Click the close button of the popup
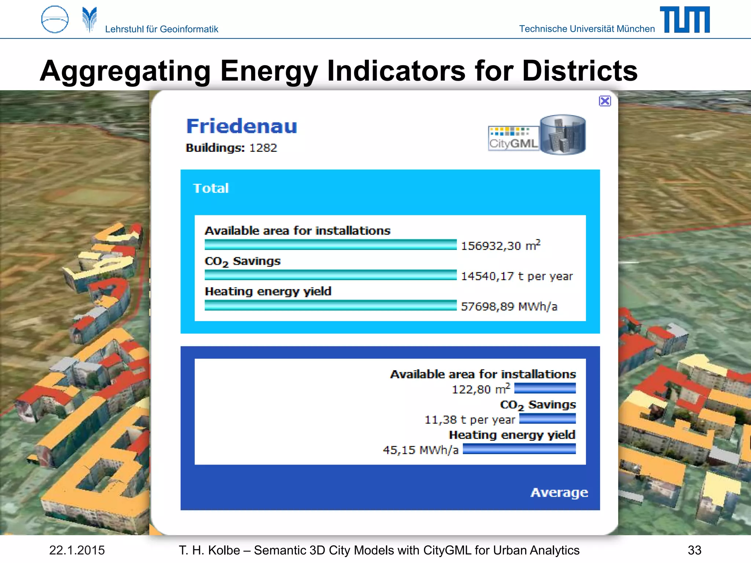click(605, 101)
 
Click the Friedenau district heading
click(241, 126)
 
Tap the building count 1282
click(263, 148)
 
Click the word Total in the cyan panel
click(210, 188)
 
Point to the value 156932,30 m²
click(500, 245)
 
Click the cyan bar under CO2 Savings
click(330, 275)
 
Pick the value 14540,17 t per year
click(516, 276)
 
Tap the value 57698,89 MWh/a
click(509, 306)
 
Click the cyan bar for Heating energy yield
click(330, 305)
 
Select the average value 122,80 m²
click(480, 389)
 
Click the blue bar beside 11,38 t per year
click(547, 418)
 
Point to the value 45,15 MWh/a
click(421, 450)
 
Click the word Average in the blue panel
click(559, 492)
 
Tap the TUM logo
click(685, 20)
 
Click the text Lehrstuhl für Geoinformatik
click(161, 29)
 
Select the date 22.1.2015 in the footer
click(77, 550)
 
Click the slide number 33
click(694, 550)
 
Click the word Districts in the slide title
click(579, 71)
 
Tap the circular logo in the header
click(55, 19)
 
